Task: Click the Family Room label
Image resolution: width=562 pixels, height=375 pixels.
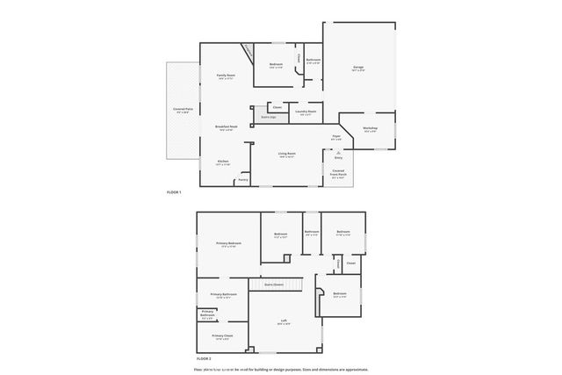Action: pyautogui.click(x=226, y=76)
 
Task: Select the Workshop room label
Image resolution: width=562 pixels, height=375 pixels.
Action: pyautogui.click(x=370, y=128)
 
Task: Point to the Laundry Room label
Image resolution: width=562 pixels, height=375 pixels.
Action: pyautogui.click(x=306, y=111)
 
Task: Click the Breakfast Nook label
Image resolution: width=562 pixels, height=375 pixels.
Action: pyautogui.click(x=227, y=126)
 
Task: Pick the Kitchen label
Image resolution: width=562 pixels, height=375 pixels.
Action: pyautogui.click(x=223, y=162)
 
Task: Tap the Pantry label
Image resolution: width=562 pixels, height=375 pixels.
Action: pyautogui.click(x=243, y=179)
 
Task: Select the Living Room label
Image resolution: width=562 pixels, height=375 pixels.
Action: pyautogui.click(x=287, y=154)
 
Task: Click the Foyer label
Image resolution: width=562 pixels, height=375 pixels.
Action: pyautogui.click(x=336, y=137)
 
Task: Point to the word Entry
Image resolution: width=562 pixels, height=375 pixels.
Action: pyautogui.click(x=337, y=158)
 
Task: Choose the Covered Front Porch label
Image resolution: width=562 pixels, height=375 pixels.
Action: pyautogui.click(x=338, y=173)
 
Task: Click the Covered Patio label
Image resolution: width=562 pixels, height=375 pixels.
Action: pyautogui.click(x=184, y=110)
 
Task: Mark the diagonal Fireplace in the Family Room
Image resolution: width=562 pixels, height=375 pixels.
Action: pyautogui.click(x=249, y=53)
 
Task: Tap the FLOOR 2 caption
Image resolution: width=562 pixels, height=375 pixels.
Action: pyautogui.click(x=205, y=359)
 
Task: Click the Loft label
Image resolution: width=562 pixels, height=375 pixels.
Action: pyautogui.click(x=285, y=321)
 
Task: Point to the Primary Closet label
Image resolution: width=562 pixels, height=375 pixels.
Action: pyautogui.click(x=222, y=336)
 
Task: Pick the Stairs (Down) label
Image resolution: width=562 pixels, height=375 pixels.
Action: pyautogui.click(x=273, y=285)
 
